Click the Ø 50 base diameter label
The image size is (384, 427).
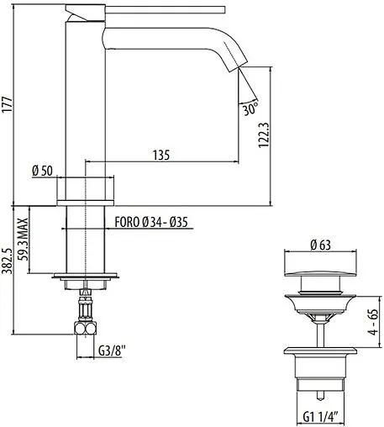point(42,171)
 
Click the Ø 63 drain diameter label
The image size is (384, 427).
point(318,245)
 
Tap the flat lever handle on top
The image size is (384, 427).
point(160,9)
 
